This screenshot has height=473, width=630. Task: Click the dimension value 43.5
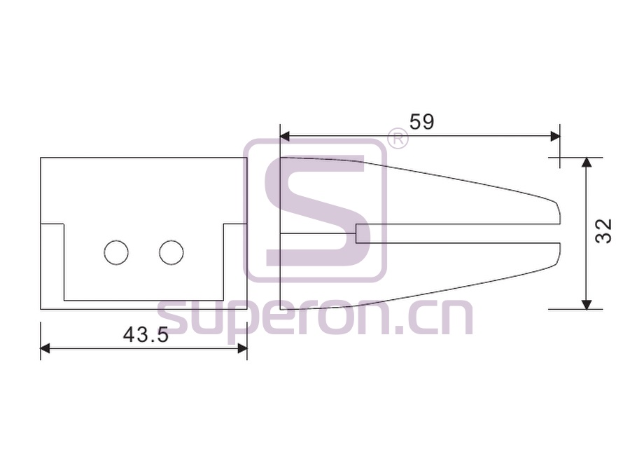[x=146, y=335]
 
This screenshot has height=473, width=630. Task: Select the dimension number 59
[x=421, y=122]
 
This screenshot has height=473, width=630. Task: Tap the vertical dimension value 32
[x=603, y=231]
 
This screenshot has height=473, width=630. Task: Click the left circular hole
[x=116, y=252]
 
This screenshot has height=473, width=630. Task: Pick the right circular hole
[x=171, y=252]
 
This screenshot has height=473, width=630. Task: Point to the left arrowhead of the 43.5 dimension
[x=45, y=348]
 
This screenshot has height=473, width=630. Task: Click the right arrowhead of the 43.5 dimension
[x=242, y=348]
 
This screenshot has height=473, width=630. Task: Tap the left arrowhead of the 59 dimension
[x=284, y=137]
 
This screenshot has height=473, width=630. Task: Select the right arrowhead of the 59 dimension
[x=555, y=137]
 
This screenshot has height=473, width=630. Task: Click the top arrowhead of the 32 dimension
[x=587, y=162]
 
